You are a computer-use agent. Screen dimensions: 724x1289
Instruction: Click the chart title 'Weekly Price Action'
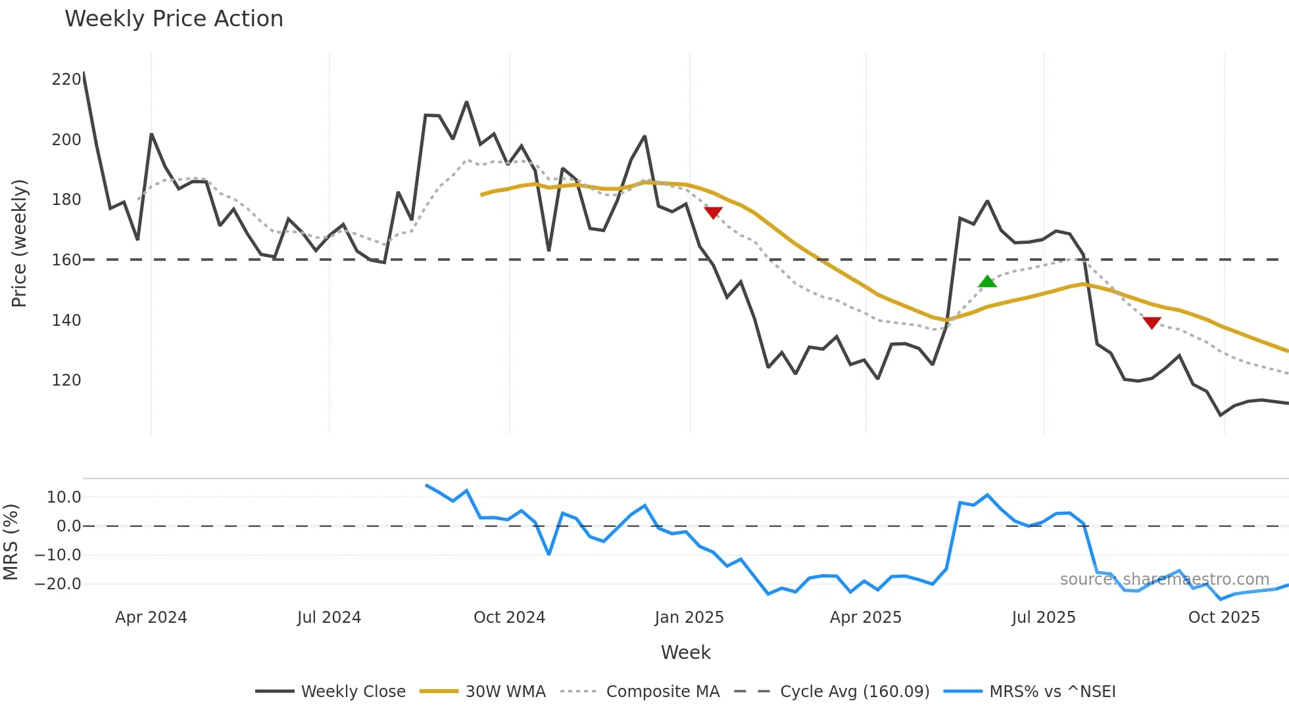point(174,19)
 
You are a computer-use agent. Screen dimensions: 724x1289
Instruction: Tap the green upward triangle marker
point(987,282)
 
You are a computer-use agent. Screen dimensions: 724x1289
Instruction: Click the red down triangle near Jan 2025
point(714,212)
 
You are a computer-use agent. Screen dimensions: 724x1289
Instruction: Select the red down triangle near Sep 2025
point(1152,323)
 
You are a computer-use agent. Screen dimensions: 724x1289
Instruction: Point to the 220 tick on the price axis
point(66,79)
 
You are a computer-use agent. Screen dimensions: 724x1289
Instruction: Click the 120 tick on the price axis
point(66,380)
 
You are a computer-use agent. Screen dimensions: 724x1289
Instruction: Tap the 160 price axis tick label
point(66,260)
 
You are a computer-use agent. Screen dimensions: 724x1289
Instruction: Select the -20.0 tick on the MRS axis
point(58,584)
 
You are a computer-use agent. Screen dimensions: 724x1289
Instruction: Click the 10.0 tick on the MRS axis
point(63,497)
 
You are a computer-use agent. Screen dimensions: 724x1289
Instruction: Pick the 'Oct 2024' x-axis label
point(509,618)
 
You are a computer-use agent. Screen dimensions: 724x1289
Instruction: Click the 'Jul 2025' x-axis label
point(1043,618)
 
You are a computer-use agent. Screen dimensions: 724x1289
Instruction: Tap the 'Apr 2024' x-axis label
point(151,618)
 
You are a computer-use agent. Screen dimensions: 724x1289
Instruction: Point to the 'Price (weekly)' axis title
point(19,243)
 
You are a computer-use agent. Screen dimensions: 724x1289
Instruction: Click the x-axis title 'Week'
point(685,652)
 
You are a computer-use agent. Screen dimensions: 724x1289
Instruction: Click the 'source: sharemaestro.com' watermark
point(1164,579)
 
